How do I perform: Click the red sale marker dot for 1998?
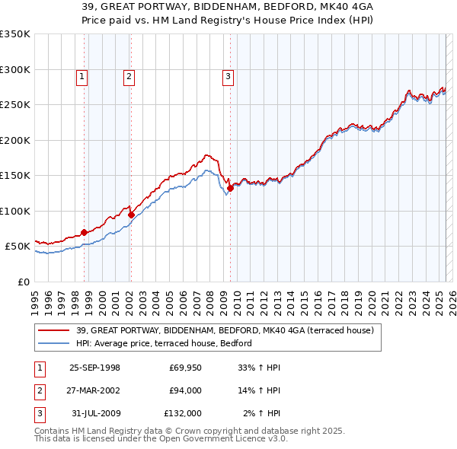(85, 232)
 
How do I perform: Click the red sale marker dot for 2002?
(131, 215)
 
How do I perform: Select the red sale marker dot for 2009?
(230, 188)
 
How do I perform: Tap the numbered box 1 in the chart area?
(81, 75)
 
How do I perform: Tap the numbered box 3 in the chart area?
(227, 75)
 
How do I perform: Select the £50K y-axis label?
(18, 247)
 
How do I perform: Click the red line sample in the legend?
(54, 330)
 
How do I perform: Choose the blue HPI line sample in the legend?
(54, 343)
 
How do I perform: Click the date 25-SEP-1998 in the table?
(94, 368)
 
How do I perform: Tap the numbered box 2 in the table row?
(39, 390)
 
